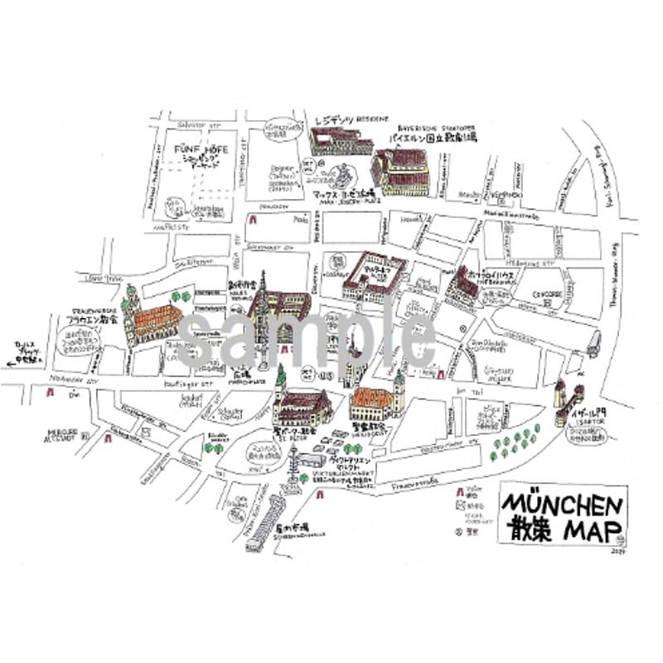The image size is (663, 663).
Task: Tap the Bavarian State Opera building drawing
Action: click(x=401, y=172)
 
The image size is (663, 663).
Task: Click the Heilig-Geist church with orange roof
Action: click(x=378, y=402)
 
